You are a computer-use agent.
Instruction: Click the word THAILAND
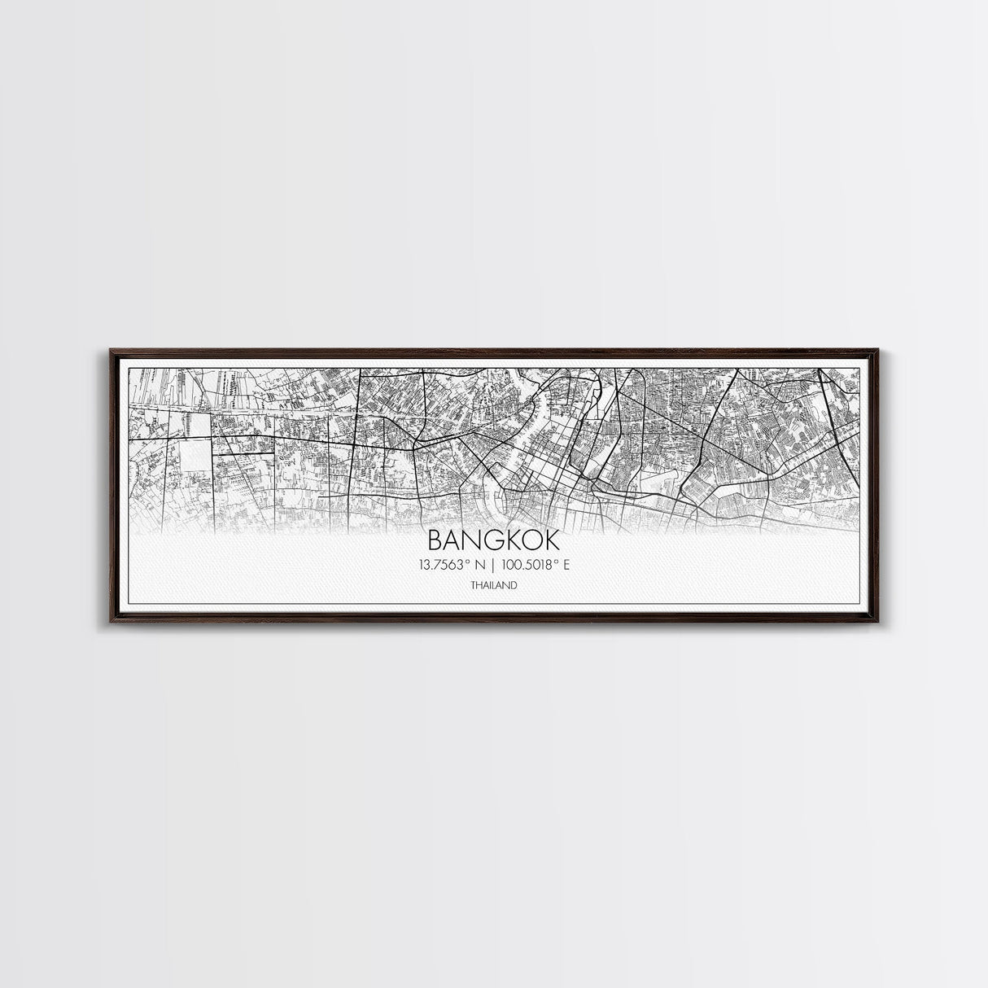493,585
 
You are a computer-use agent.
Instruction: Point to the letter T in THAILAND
472,585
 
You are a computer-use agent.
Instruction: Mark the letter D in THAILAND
514,585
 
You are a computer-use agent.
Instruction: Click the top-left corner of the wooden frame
108,349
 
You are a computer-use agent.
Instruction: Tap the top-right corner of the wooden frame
880,349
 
